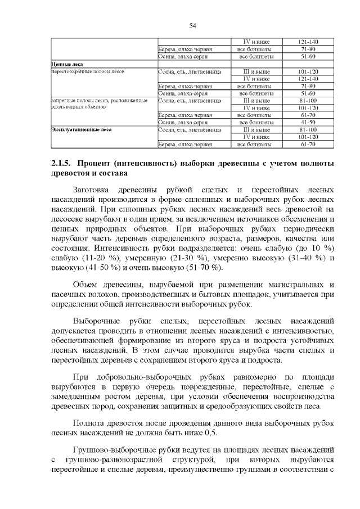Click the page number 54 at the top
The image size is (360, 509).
tap(192, 25)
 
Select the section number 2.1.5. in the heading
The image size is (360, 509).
tap(61, 164)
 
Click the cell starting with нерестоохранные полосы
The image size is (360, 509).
tap(88, 71)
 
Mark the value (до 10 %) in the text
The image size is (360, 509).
tap(314, 247)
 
